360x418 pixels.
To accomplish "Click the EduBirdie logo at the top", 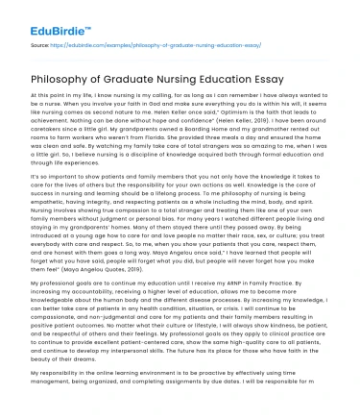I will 42,15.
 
